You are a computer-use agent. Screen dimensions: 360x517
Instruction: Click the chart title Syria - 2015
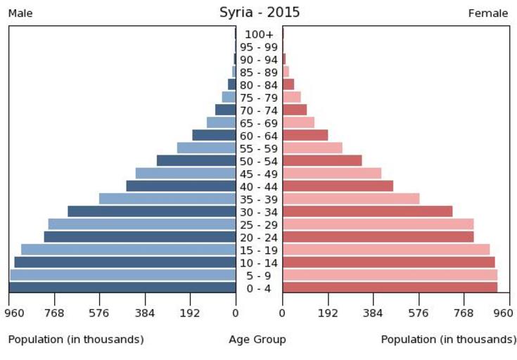(259, 12)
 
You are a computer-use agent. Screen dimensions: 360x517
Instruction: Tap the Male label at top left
(20, 13)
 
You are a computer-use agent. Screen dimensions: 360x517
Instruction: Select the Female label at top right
(488, 13)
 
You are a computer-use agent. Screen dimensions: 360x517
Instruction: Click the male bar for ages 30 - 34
(151, 211)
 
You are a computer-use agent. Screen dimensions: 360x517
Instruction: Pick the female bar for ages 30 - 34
(367, 211)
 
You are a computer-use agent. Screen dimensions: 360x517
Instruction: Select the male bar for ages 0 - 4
(122, 287)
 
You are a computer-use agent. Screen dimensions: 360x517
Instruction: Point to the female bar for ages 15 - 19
(386, 249)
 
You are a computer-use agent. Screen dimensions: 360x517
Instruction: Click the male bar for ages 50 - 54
(196, 160)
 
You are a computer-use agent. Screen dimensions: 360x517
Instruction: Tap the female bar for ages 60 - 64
(305, 135)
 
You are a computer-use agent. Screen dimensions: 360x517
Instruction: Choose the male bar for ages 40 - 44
(181, 186)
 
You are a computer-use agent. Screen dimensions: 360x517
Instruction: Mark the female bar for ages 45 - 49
(332, 173)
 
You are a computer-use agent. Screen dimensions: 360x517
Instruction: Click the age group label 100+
(259, 34)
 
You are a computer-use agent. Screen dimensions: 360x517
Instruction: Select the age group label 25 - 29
(259, 225)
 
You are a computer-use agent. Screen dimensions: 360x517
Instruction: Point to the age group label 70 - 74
(259, 110)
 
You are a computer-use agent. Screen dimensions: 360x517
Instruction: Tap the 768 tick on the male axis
(54, 312)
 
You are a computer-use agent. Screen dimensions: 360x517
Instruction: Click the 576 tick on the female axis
(419, 312)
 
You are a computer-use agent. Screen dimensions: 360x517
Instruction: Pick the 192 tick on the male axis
(190, 312)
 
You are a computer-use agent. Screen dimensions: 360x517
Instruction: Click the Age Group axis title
(257, 340)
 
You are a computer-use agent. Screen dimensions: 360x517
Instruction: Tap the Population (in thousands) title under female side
(448, 340)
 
